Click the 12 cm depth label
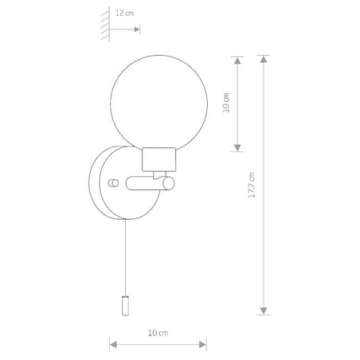[123, 14]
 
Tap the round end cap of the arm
[170, 184]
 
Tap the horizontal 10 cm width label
[158, 331]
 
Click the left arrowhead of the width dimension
[113, 344]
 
